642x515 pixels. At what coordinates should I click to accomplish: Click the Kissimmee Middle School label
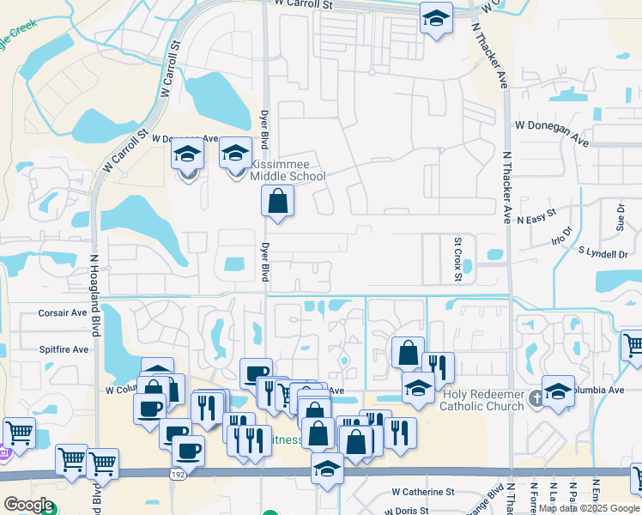[x=288, y=170]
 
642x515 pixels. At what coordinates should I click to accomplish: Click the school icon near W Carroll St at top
[x=436, y=17]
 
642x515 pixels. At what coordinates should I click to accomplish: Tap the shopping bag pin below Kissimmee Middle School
[x=278, y=203]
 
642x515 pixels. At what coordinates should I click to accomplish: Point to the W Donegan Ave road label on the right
[x=552, y=126]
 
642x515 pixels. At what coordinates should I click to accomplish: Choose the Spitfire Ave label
[x=64, y=350]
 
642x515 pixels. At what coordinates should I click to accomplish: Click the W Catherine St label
[x=422, y=492]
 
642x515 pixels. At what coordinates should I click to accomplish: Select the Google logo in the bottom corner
[x=27, y=505]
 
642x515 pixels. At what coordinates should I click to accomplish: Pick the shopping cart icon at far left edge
[x=19, y=432]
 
